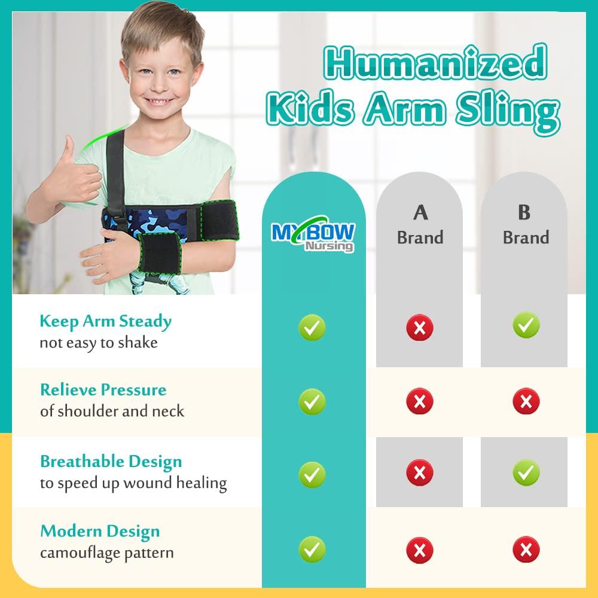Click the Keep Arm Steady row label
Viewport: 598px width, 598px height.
click(x=105, y=321)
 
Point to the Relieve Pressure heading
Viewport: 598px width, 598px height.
click(x=103, y=390)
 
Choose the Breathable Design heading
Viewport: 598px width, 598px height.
click(x=111, y=462)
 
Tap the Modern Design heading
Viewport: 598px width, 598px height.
click(x=100, y=531)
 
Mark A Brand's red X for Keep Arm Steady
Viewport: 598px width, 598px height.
click(x=420, y=328)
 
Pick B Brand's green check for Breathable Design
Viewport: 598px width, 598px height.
click(x=526, y=473)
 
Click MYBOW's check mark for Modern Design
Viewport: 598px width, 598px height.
click(x=312, y=550)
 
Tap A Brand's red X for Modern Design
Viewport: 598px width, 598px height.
click(x=420, y=550)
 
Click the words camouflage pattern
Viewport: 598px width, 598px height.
click(x=106, y=553)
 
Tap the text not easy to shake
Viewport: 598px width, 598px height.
click(x=98, y=343)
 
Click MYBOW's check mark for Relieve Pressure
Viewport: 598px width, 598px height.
click(x=312, y=402)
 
